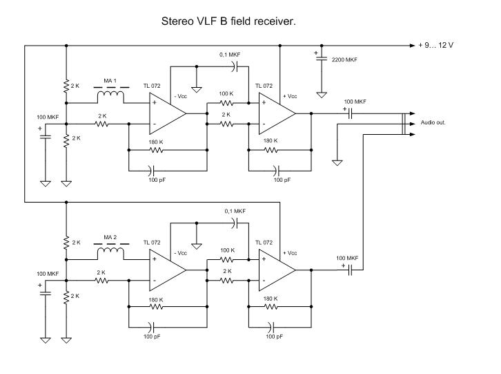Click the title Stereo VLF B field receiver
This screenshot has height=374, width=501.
tap(228, 21)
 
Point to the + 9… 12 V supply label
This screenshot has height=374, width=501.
tap(436, 46)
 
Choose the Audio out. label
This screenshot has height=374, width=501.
tap(433, 123)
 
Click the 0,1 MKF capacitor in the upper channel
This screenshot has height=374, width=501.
tap(236, 66)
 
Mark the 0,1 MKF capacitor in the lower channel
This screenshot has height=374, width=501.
tap(236, 223)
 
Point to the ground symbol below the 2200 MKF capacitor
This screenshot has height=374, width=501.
tap(321, 92)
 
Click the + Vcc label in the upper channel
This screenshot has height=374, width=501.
tap(291, 96)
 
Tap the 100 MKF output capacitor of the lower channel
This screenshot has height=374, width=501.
tap(349, 270)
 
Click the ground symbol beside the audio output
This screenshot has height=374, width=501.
tap(337, 162)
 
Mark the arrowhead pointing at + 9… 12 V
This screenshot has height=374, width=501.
tap(409, 46)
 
